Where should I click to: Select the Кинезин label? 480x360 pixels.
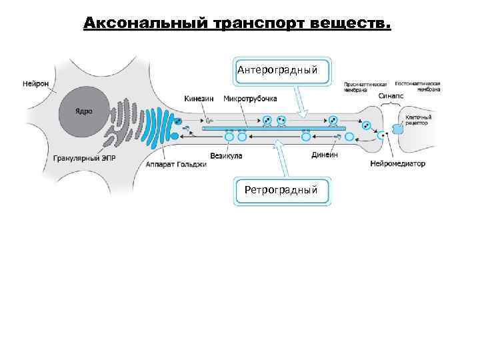click(198, 98)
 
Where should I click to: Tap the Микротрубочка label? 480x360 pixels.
click(250, 98)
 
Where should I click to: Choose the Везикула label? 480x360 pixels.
click(225, 156)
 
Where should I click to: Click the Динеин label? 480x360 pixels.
click(325, 155)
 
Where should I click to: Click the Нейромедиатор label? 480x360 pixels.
click(398, 163)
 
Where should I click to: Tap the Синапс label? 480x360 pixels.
click(389, 96)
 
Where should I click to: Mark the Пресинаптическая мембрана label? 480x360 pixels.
click(365, 87)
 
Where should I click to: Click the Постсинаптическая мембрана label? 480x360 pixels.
click(417, 86)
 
